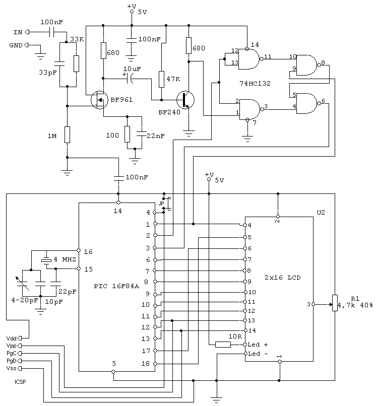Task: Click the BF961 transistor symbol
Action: coord(99,100)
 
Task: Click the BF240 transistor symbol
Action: coord(185,100)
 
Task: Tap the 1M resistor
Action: coord(67,134)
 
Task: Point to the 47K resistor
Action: coord(161,79)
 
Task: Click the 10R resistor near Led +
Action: coord(223,345)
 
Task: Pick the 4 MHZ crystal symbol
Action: coord(47,260)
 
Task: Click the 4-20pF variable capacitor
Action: coord(22,284)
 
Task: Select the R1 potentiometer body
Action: coord(335,303)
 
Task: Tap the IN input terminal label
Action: coord(18,32)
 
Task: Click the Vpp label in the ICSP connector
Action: coord(11,346)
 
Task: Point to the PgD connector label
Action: coord(12,361)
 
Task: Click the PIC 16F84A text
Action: coord(116,286)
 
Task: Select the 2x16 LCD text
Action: coord(282,278)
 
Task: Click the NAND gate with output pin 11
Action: coord(249,59)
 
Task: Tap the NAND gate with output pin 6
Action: coord(307,103)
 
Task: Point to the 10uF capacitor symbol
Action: coord(129,78)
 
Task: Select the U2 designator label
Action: coord(321,213)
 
